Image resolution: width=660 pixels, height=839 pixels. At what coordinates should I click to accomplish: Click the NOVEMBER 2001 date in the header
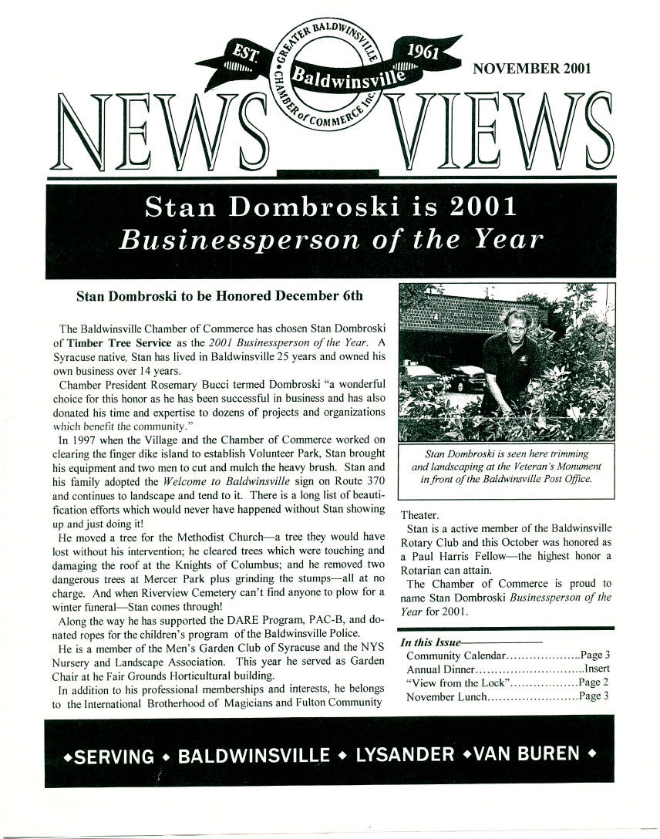tap(532, 68)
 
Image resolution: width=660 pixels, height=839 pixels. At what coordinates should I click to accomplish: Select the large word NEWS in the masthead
tap(155, 134)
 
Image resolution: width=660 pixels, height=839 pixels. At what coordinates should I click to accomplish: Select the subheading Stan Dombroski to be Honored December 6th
tap(219, 295)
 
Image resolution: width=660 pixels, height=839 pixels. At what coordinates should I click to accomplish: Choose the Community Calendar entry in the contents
tap(456, 655)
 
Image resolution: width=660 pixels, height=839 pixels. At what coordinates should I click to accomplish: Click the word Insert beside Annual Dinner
tap(597, 669)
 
